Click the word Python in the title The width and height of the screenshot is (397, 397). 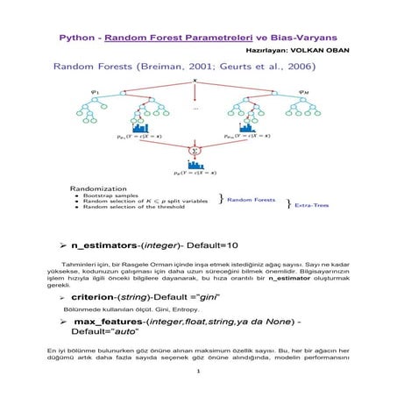click(76, 39)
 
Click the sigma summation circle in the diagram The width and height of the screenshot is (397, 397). click(195, 152)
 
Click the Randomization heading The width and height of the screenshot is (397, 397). click(94, 187)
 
